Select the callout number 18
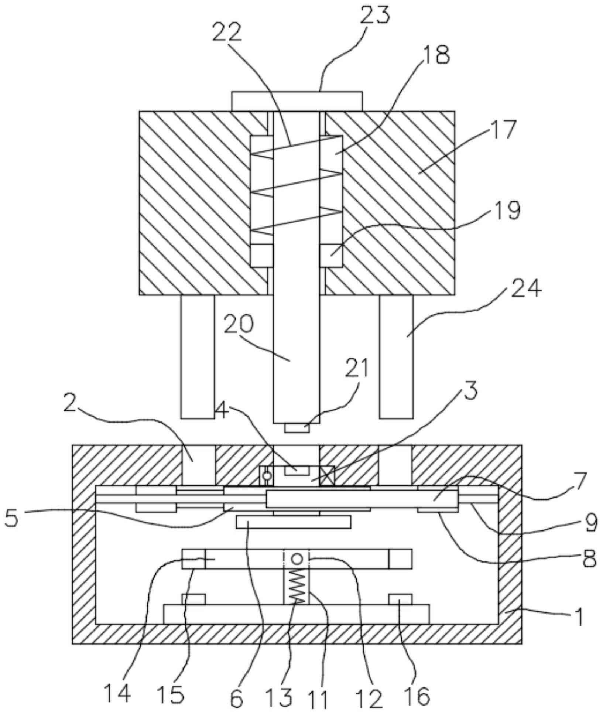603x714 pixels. (435, 54)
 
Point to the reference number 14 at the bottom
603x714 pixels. (117, 693)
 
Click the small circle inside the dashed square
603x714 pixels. (297, 558)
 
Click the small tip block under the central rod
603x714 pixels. (297, 428)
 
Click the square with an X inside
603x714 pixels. (327, 476)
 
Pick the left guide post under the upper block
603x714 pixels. (198, 356)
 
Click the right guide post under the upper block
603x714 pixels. (397, 356)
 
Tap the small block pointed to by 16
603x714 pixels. (400, 599)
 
